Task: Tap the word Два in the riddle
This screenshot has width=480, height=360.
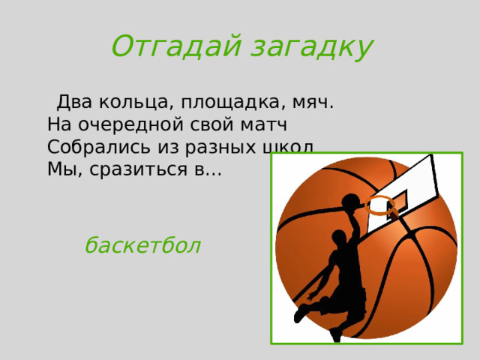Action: click(75, 101)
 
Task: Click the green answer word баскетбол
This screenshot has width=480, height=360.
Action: click(142, 245)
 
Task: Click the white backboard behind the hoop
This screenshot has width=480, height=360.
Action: click(409, 184)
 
